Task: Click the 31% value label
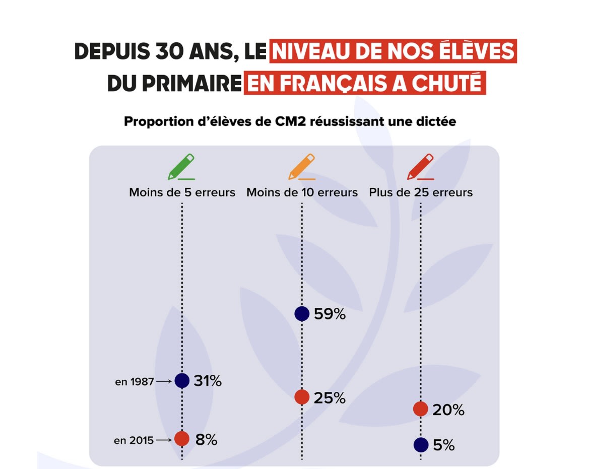[x=208, y=381]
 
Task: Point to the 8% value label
[x=206, y=439]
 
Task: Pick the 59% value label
[x=330, y=314]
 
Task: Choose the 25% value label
[x=330, y=397]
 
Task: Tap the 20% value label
[x=448, y=410]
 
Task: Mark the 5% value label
[x=443, y=445]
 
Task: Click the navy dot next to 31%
[x=182, y=381]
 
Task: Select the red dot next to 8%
[x=182, y=439]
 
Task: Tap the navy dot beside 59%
[x=302, y=314]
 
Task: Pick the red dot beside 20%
[x=421, y=409]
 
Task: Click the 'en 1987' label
[x=135, y=382]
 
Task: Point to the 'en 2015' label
[x=134, y=441]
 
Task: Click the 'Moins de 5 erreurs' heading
[x=182, y=192]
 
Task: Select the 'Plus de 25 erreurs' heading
[x=421, y=192]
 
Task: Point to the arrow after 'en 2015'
[x=164, y=440]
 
